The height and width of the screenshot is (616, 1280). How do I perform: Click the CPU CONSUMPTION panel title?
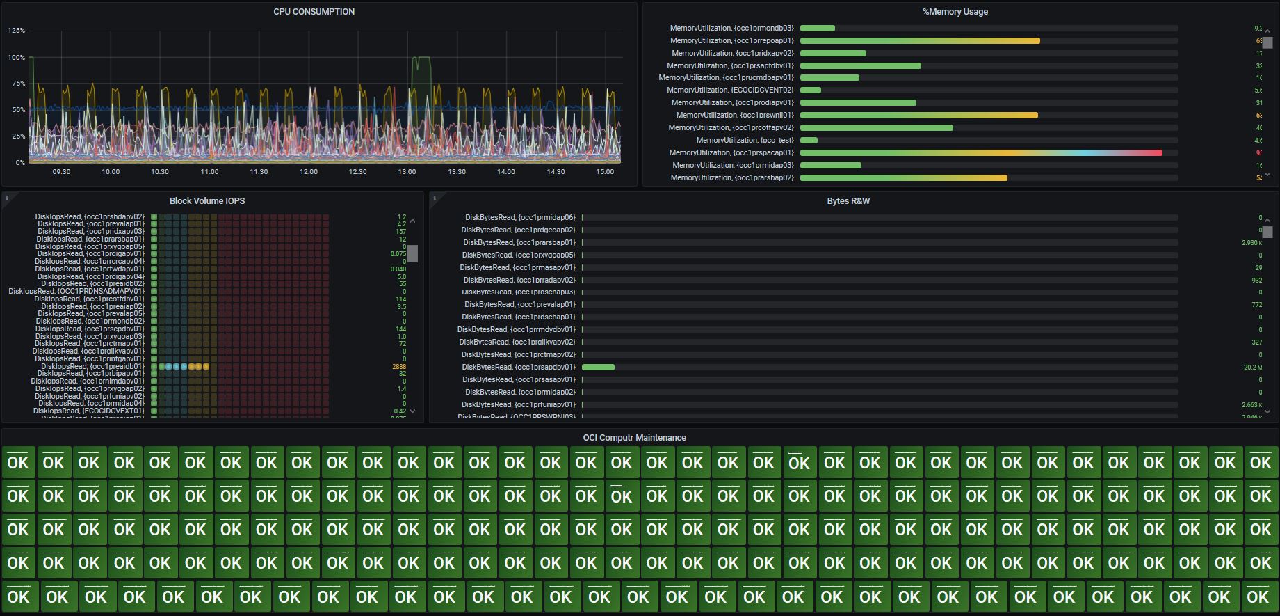(x=314, y=12)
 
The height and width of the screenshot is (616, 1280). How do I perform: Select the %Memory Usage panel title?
(x=955, y=12)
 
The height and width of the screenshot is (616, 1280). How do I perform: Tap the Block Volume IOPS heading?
(x=207, y=201)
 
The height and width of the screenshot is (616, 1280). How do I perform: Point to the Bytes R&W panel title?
(x=848, y=201)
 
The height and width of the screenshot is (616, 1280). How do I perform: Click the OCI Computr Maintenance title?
(x=634, y=438)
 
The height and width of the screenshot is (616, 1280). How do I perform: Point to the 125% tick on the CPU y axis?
(x=17, y=31)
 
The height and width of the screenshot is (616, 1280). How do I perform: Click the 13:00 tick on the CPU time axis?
(x=407, y=172)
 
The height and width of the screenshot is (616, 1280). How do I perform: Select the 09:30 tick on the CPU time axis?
(x=61, y=172)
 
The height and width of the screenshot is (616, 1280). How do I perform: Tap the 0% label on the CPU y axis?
(x=20, y=163)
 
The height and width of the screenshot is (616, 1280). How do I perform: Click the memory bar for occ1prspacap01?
(x=980, y=153)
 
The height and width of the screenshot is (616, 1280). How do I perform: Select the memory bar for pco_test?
(x=809, y=141)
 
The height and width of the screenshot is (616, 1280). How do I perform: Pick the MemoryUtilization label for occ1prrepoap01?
(x=731, y=41)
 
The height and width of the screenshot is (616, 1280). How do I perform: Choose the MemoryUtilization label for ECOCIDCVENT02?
(x=730, y=90)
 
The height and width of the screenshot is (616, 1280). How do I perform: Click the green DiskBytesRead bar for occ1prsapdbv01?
(x=598, y=368)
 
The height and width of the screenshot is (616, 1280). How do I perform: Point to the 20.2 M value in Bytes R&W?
(x=1251, y=368)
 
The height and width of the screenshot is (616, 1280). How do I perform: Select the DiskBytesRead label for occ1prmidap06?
(x=520, y=218)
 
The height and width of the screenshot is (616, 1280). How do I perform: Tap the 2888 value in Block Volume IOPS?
(x=399, y=367)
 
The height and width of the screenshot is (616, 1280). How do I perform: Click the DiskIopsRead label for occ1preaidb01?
(x=92, y=367)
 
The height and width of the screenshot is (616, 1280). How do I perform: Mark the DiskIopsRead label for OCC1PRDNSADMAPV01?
(x=76, y=292)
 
